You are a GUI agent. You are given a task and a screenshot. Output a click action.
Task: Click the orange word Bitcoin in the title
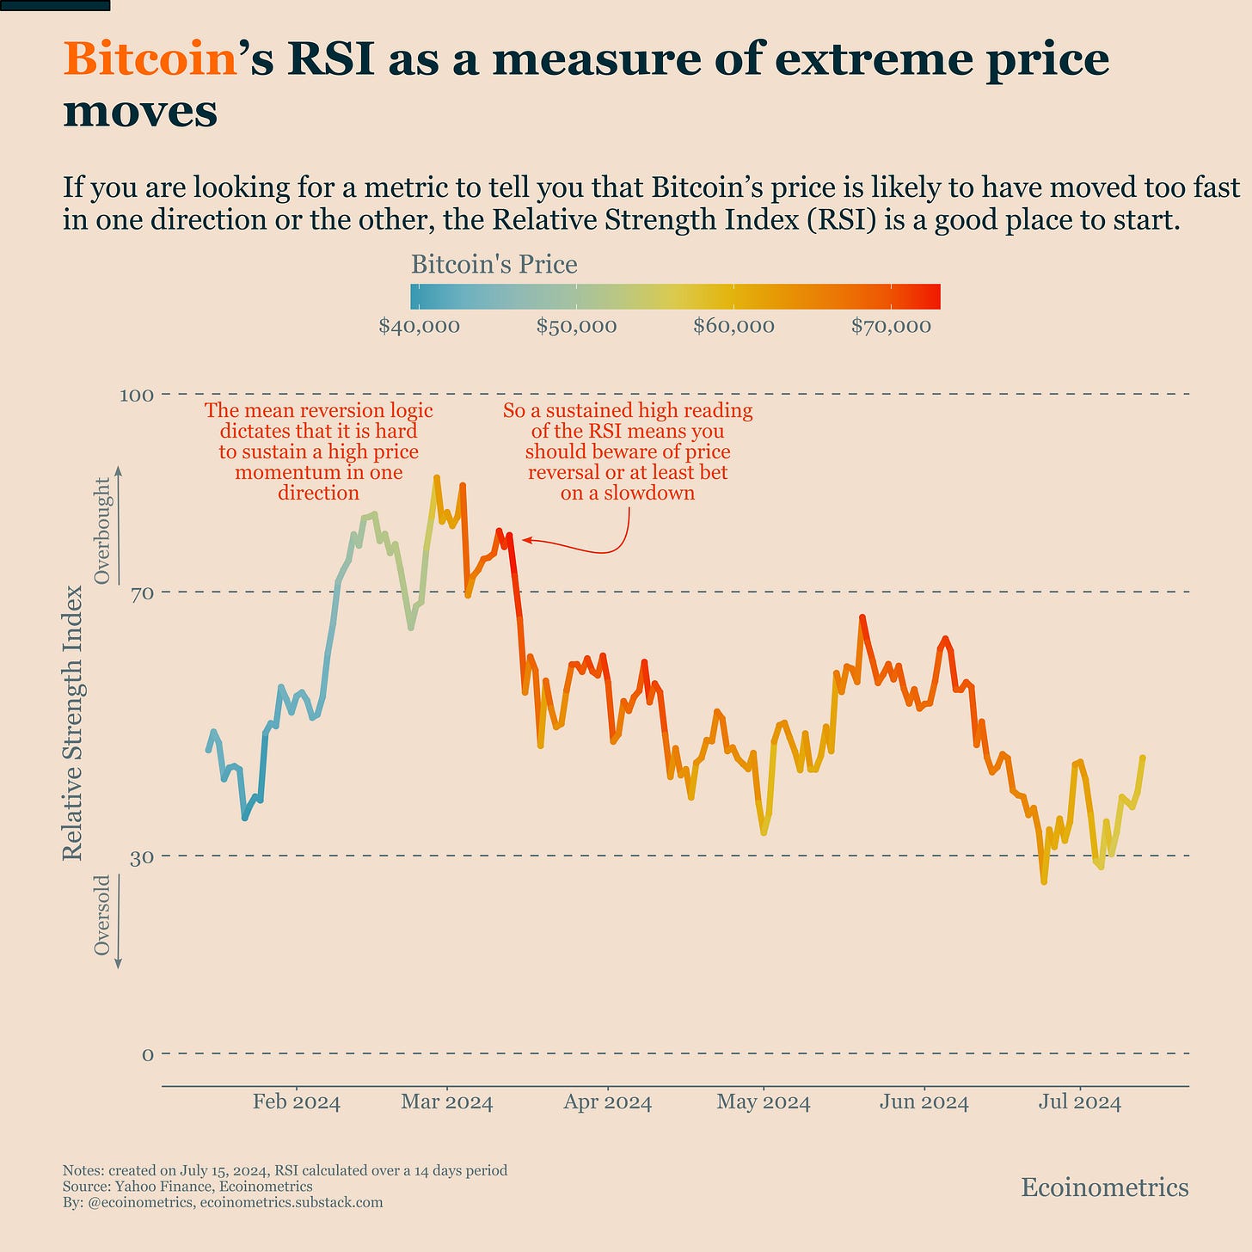(150, 60)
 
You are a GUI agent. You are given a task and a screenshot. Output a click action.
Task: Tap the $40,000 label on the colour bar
(419, 327)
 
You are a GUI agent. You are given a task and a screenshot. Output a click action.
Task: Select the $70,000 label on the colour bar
(891, 327)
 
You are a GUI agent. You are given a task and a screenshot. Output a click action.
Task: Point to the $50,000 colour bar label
(576, 327)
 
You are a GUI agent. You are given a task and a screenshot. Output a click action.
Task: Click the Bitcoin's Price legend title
(494, 264)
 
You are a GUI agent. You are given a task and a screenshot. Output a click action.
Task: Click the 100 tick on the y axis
(135, 396)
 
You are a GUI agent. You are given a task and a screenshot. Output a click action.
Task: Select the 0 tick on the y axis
(147, 1054)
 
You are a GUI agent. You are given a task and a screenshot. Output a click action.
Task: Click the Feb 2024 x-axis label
(296, 1102)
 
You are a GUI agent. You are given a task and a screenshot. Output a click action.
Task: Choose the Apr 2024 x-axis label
(607, 1102)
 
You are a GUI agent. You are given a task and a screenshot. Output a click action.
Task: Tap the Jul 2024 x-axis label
(1079, 1102)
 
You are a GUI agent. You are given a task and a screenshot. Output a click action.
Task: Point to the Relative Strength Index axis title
(74, 722)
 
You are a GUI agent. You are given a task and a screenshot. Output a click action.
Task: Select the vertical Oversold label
(102, 915)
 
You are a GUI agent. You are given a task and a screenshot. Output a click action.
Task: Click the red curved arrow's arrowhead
(525, 540)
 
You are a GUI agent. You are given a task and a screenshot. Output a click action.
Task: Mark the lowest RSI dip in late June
(1044, 881)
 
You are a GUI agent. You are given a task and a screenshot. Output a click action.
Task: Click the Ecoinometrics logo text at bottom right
(1104, 1188)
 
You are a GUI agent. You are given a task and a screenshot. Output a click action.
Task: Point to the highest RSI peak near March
(436, 477)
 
